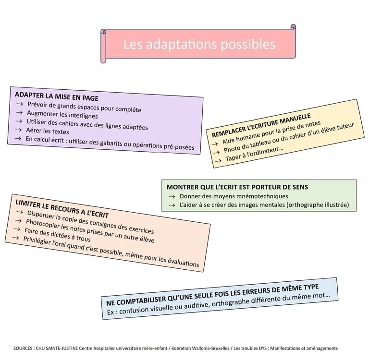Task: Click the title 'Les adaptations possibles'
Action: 199,44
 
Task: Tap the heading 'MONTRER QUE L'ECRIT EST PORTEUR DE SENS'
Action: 237,187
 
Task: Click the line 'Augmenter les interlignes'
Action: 62,115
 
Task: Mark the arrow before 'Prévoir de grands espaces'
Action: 20,104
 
